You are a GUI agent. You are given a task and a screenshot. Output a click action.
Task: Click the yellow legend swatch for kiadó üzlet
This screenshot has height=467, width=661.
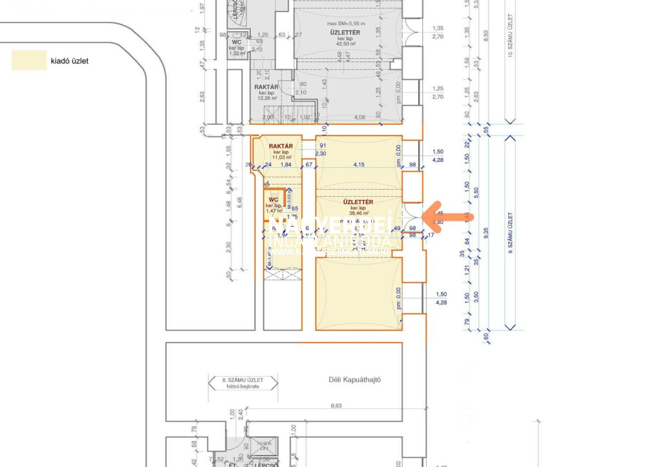click(29, 61)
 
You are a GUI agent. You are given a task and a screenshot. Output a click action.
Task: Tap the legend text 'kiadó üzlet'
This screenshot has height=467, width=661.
click(69, 62)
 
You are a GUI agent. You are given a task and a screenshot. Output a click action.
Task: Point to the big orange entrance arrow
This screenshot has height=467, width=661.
click(449, 217)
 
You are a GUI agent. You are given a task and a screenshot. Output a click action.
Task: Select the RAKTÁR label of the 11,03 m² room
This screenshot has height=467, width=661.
click(281, 146)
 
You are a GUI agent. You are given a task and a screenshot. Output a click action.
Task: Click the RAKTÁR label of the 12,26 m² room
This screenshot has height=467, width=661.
click(266, 87)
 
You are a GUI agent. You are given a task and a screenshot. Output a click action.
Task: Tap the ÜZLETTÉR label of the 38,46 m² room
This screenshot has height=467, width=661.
click(359, 202)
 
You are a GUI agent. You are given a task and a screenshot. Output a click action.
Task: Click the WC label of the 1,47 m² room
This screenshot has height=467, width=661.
click(274, 200)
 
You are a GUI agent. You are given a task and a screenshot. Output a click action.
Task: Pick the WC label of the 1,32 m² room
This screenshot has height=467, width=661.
click(236, 42)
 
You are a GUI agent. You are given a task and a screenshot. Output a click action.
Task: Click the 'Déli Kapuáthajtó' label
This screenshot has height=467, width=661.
click(354, 380)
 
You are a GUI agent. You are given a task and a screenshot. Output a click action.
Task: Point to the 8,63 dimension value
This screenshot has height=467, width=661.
click(336, 406)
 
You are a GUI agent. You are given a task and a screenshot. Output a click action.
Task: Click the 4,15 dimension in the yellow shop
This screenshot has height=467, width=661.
click(360, 164)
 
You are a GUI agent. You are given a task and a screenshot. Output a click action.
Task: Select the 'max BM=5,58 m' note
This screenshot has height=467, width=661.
click(345, 24)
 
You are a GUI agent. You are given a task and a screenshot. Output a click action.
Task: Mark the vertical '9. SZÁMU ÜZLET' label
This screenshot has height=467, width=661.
click(510, 232)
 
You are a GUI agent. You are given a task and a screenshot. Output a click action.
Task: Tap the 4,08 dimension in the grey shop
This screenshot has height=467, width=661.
click(361, 117)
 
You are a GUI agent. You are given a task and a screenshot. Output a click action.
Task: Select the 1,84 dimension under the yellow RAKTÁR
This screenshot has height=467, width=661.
click(287, 164)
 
